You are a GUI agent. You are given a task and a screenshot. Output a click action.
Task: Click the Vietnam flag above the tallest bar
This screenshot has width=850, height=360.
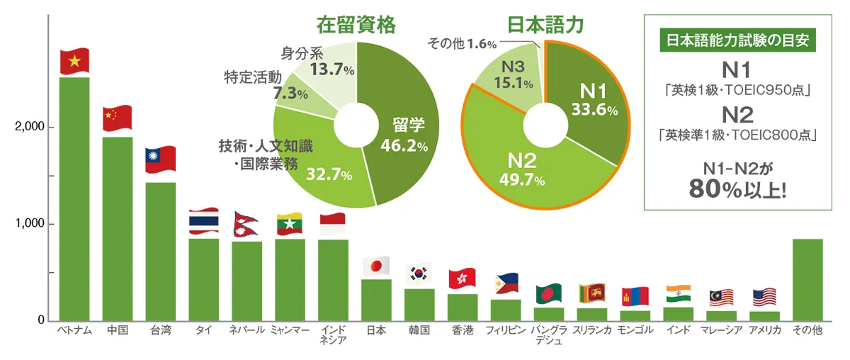(74, 62)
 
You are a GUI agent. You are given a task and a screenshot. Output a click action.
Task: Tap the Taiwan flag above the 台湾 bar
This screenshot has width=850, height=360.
(160, 160)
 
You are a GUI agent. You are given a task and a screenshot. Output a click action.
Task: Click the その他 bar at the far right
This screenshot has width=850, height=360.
(807, 280)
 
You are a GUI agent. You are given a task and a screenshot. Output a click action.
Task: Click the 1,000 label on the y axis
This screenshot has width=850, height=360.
(28, 224)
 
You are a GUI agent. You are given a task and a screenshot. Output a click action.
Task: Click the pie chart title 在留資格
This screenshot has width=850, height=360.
(356, 26)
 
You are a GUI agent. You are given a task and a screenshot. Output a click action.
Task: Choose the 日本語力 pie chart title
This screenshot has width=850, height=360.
(545, 26)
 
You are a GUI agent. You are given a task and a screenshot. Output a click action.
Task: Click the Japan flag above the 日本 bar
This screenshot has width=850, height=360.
(376, 266)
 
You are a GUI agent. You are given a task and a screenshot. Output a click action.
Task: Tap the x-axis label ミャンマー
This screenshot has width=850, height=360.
(290, 331)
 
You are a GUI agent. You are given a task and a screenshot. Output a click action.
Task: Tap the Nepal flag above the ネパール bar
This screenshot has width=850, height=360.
(246, 223)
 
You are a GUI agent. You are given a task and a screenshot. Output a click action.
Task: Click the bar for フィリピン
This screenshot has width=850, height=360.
(506, 310)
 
